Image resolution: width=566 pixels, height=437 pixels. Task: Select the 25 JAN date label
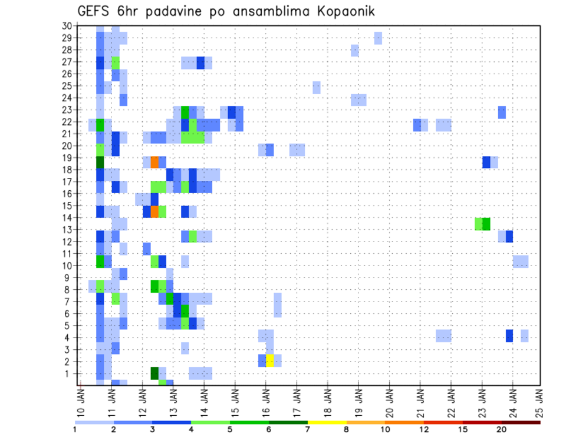540,400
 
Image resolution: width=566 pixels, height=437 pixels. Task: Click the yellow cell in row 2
270,360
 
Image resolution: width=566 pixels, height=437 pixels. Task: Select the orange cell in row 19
154,161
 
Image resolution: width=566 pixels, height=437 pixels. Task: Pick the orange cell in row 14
154,211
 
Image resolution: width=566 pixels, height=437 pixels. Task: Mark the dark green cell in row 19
100,161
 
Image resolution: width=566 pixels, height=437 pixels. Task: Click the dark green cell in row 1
154,373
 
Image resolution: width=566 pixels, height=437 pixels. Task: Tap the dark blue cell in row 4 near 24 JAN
509,336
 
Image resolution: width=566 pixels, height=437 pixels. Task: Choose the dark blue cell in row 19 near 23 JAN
486,161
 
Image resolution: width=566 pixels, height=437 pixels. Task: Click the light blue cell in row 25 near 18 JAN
317,87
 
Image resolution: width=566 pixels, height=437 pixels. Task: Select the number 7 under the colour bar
307,429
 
